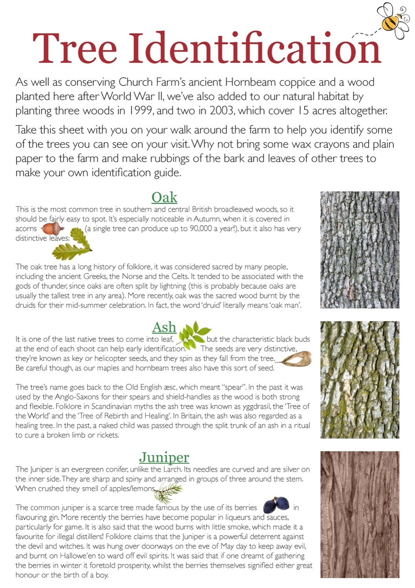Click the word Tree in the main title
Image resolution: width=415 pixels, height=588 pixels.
point(75,49)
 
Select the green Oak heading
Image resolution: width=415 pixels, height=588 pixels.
point(164,197)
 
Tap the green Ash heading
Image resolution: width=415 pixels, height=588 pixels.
point(164,327)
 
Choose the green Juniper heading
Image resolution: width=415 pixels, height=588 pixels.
point(164,457)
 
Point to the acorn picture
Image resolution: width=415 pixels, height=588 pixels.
point(53,228)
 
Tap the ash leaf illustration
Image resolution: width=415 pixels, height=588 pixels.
point(194,334)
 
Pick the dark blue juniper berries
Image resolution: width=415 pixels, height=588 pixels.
point(276,505)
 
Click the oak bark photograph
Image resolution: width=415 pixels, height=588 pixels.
point(360,249)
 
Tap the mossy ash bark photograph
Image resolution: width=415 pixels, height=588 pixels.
point(360,379)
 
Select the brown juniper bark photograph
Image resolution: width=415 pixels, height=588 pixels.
point(360,514)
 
